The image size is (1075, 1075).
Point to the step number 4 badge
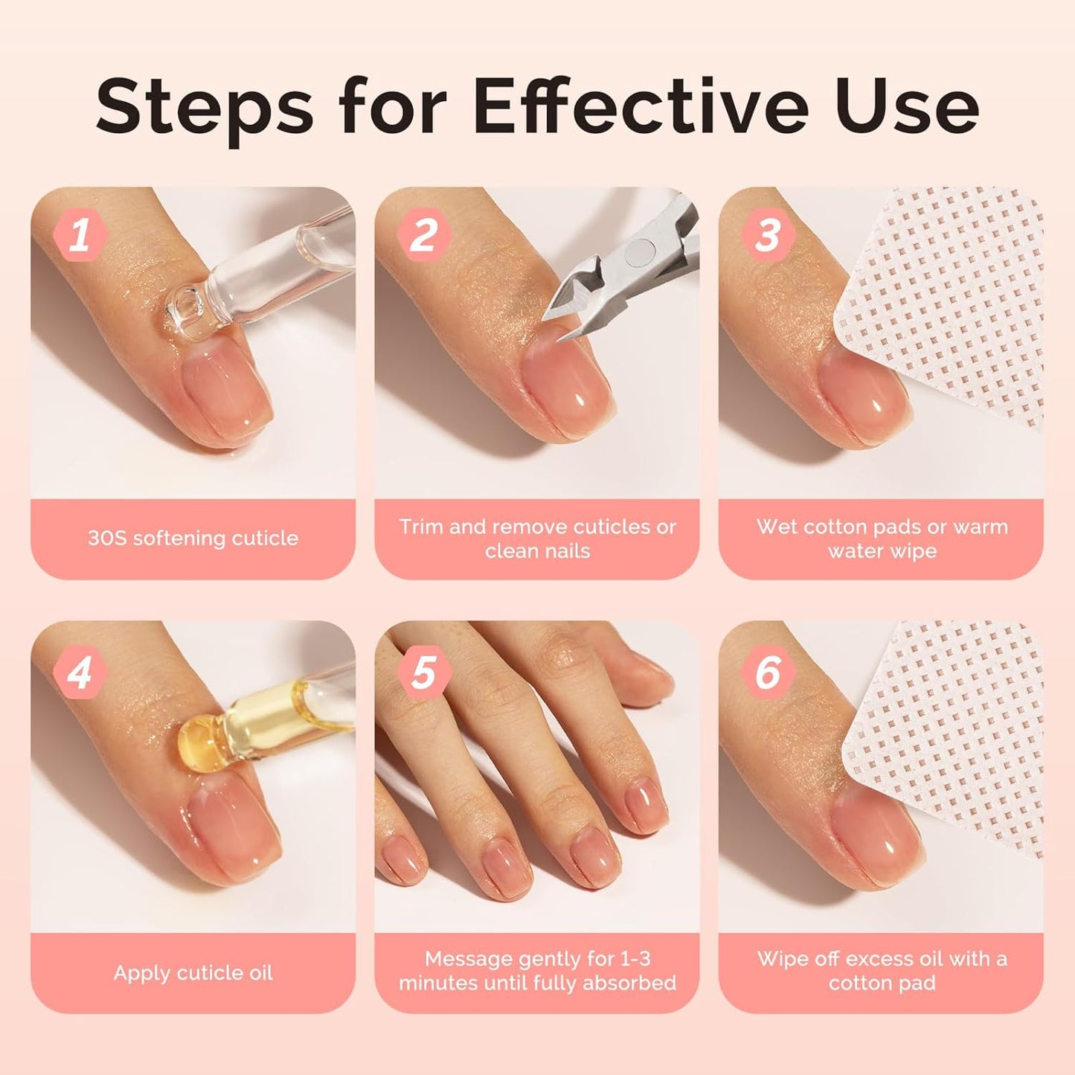pos(80,672)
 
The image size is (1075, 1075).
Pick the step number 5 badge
pos(424,672)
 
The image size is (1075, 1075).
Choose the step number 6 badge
pos(768,672)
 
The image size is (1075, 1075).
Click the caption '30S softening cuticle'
pos(193,538)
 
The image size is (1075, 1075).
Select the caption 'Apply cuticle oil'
pos(193,973)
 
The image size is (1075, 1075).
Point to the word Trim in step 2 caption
pos(421,527)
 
